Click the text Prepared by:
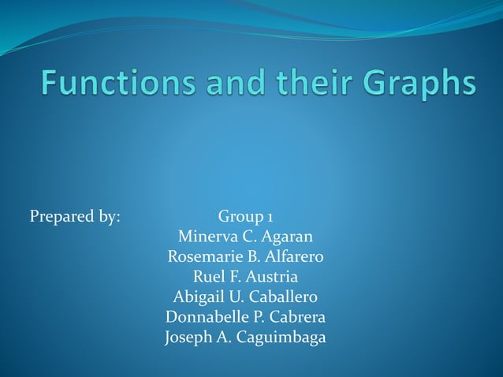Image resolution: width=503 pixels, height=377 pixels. [x=75, y=216]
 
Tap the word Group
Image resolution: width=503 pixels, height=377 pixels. [x=240, y=216]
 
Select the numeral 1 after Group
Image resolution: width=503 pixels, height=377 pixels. [x=270, y=216]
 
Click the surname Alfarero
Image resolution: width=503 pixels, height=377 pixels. [x=294, y=257]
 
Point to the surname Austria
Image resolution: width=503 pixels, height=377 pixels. [x=272, y=278]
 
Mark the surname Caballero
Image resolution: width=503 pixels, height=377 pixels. [x=283, y=298]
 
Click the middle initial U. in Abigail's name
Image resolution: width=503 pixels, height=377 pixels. [x=236, y=298]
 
